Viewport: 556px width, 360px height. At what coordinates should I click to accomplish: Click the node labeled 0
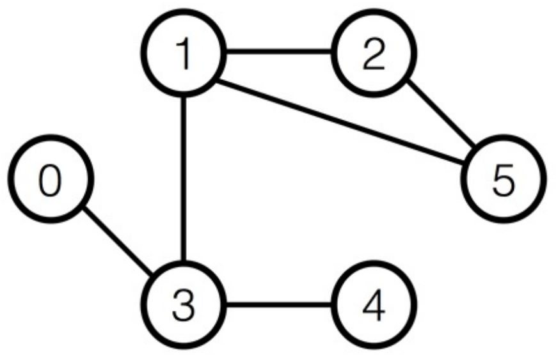pos(51,178)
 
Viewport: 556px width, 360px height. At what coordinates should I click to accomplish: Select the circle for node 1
pos(184,53)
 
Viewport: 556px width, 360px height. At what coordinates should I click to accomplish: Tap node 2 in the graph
pos(374,53)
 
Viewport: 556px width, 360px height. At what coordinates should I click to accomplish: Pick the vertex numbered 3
pos(184,305)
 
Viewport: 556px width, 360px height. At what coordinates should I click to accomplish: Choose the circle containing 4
pos(374,305)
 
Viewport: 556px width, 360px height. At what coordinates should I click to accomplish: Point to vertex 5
pos(504,178)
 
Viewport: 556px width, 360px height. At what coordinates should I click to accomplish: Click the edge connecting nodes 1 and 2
pos(279,52)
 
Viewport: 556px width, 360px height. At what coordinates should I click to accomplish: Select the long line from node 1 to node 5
pos(341,123)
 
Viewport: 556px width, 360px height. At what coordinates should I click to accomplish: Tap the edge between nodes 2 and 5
pos(441,113)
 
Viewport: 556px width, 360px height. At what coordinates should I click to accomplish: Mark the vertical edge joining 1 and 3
pos(184,179)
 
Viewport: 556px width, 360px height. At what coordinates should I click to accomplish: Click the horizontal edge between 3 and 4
pos(279,304)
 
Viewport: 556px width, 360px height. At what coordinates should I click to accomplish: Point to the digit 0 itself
pos(50,181)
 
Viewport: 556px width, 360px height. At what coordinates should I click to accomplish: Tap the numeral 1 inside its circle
pos(184,54)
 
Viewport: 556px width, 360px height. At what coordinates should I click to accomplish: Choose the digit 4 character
pos(374,305)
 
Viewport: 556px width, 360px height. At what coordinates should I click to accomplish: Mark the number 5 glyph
pos(504,180)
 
